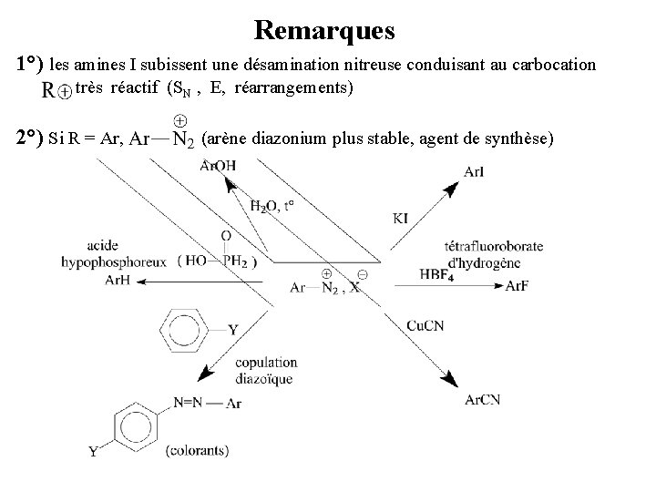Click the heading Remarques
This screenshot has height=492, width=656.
pyautogui.click(x=324, y=30)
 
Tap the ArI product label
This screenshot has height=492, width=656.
pyautogui.click(x=474, y=171)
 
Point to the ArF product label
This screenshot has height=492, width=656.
pyautogui.click(x=517, y=286)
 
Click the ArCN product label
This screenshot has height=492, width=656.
pyautogui.click(x=482, y=399)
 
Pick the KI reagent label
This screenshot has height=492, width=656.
pyautogui.click(x=401, y=218)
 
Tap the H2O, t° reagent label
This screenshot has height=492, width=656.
pyautogui.click(x=272, y=206)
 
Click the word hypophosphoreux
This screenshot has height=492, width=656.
pyautogui.click(x=114, y=261)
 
